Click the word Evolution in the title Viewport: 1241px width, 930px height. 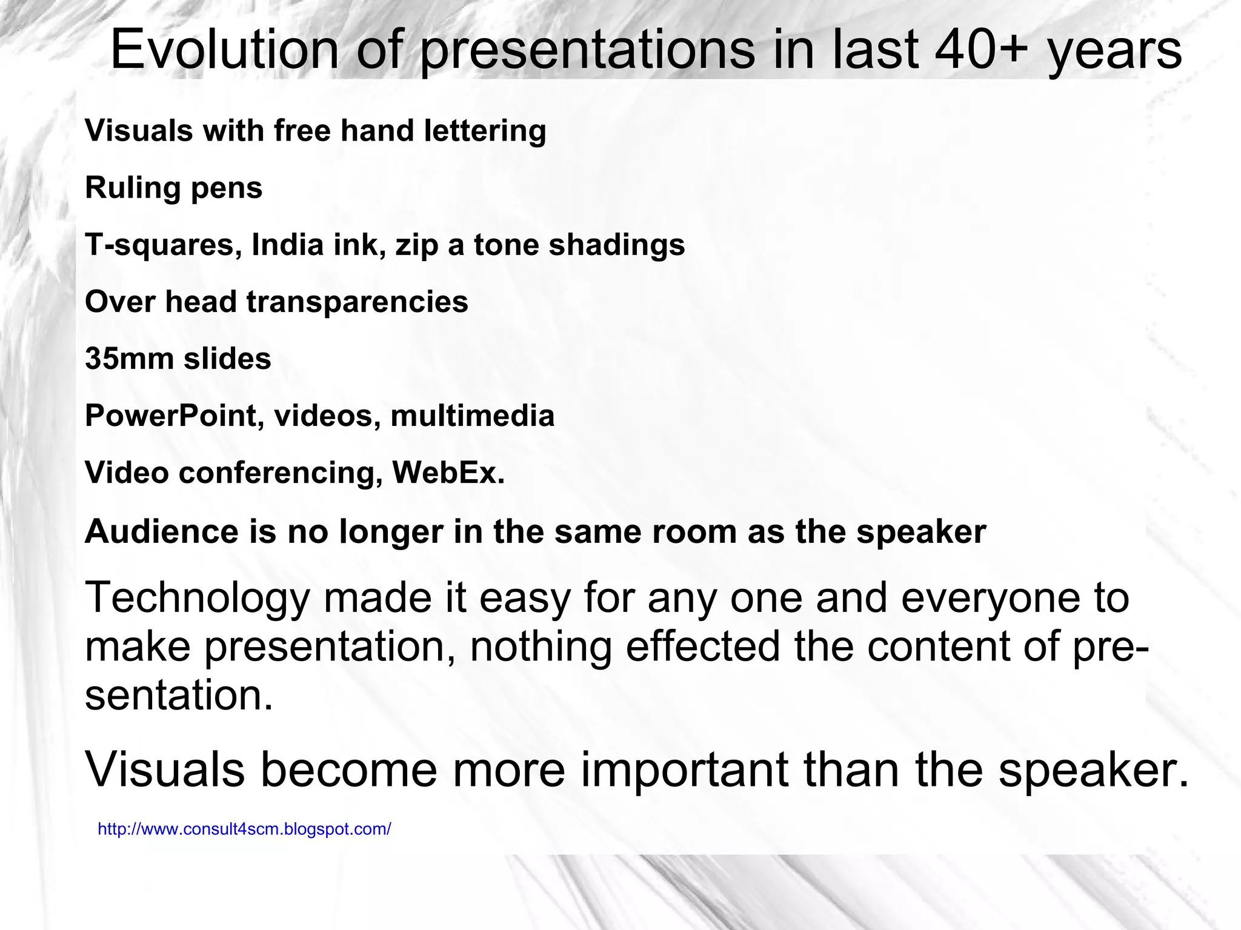224,50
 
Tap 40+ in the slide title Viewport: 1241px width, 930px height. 982,50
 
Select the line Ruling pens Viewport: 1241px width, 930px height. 173,188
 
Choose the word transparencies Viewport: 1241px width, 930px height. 357,302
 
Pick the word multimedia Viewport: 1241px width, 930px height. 472,416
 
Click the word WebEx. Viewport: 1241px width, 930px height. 448,473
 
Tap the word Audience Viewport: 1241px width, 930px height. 162,531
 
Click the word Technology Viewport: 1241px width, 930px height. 197,598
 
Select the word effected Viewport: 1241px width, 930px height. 702,646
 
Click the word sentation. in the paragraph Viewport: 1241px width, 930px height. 179,695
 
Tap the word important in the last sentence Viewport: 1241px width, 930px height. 685,769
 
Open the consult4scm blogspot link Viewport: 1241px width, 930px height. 244,829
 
